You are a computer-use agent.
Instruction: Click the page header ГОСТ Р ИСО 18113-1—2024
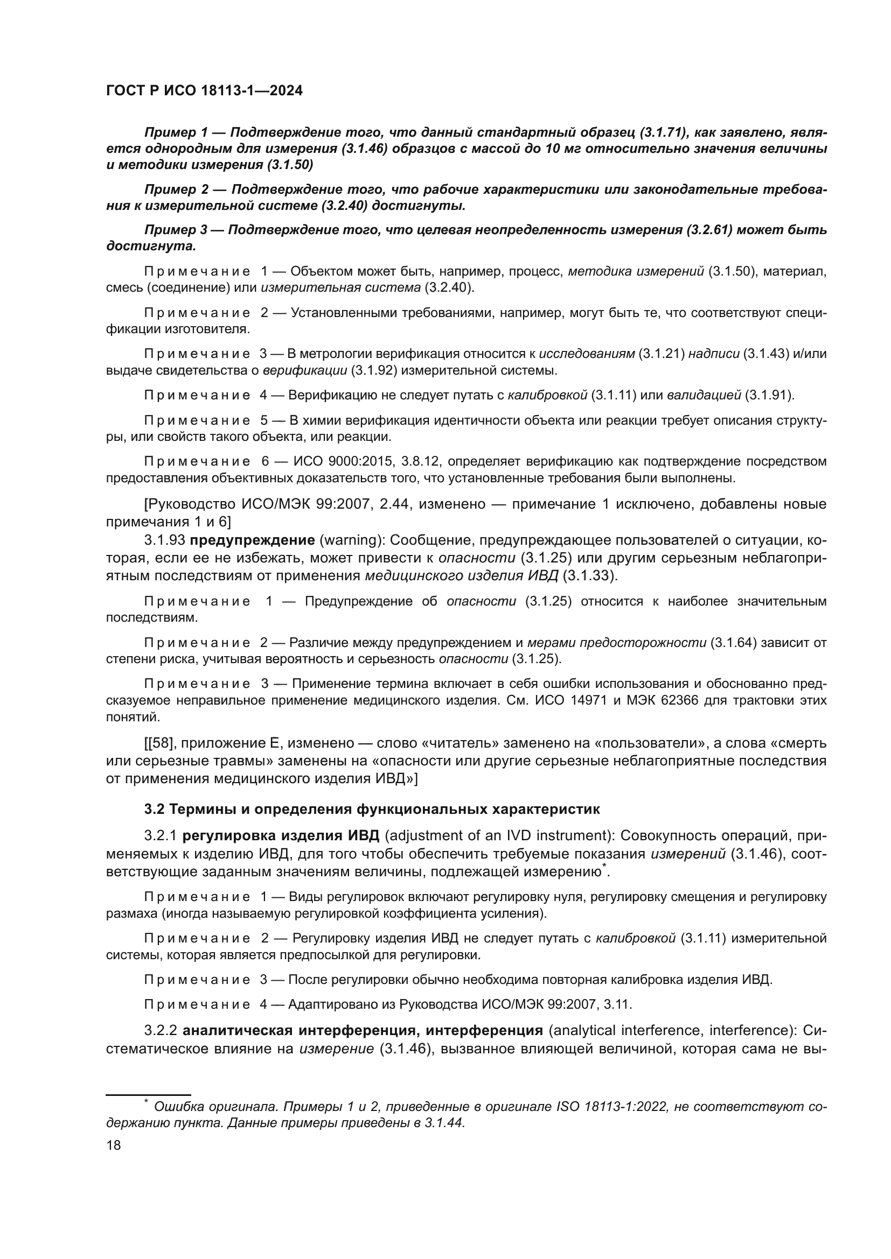(x=204, y=91)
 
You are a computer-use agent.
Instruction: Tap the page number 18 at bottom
(x=114, y=1145)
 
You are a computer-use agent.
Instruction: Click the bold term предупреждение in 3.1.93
(x=252, y=540)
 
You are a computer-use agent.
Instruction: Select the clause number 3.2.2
(x=160, y=1030)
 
